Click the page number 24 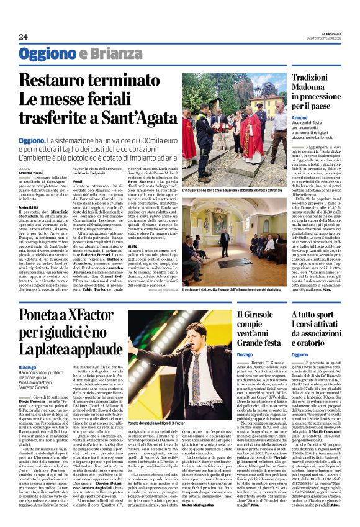pos(23,37)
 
